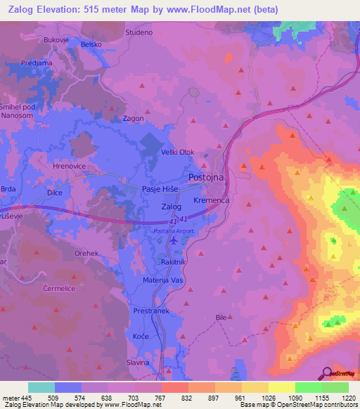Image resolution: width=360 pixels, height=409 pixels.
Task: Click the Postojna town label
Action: (x=206, y=178)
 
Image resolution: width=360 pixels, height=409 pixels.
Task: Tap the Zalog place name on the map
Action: (x=172, y=207)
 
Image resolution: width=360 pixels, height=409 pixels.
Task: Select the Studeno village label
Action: (x=139, y=32)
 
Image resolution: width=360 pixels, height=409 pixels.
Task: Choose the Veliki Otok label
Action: (x=183, y=152)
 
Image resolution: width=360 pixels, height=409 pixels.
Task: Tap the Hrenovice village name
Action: (x=68, y=167)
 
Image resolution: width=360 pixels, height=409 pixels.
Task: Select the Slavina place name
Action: (x=138, y=363)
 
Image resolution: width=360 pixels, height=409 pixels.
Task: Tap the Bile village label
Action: (x=221, y=318)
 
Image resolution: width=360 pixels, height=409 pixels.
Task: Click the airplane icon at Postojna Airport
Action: (x=174, y=241)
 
